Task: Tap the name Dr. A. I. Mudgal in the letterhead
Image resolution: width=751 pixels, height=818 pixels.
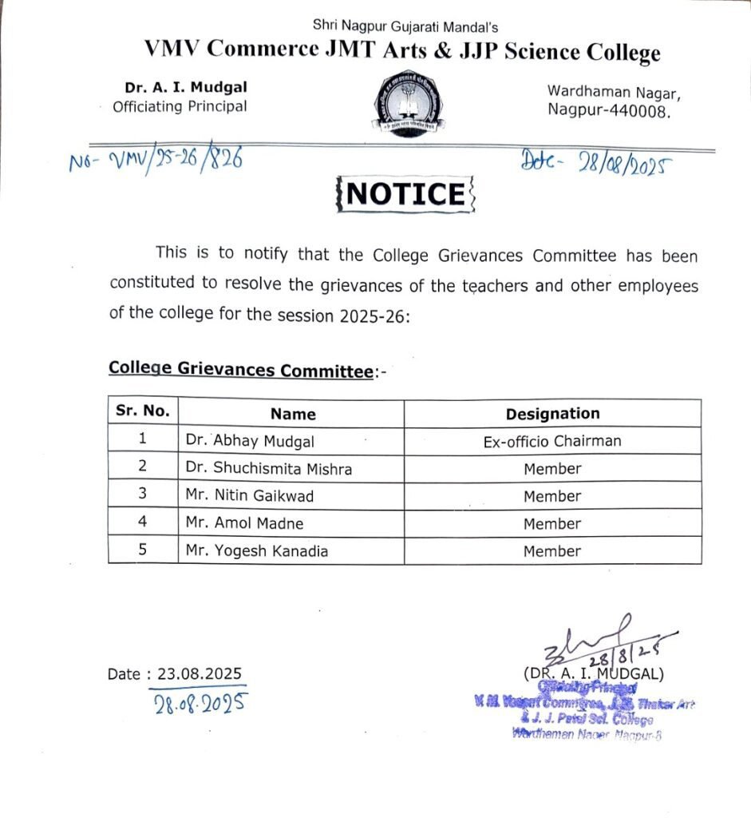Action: point(180,87)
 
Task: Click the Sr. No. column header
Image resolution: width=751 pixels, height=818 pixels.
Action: point(143,411)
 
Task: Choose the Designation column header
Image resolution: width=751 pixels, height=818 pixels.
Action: point(552,414)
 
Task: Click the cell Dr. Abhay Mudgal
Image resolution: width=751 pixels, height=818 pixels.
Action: point(250,441)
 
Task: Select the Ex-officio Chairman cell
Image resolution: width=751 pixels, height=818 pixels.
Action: point(552,441)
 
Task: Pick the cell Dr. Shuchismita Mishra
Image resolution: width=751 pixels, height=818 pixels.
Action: point(268,469)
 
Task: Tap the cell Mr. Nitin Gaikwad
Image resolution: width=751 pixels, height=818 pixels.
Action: point(250,496)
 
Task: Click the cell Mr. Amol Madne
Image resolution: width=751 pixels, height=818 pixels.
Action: point(244,524)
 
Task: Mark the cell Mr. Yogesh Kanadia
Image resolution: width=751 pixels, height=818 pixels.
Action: point(256,551)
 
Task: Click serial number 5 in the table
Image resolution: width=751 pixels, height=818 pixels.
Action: point(143,550)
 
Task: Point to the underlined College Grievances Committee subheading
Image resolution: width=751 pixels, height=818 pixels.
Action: point(241,370)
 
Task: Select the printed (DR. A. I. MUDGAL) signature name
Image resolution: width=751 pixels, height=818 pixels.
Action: point(593,674)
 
